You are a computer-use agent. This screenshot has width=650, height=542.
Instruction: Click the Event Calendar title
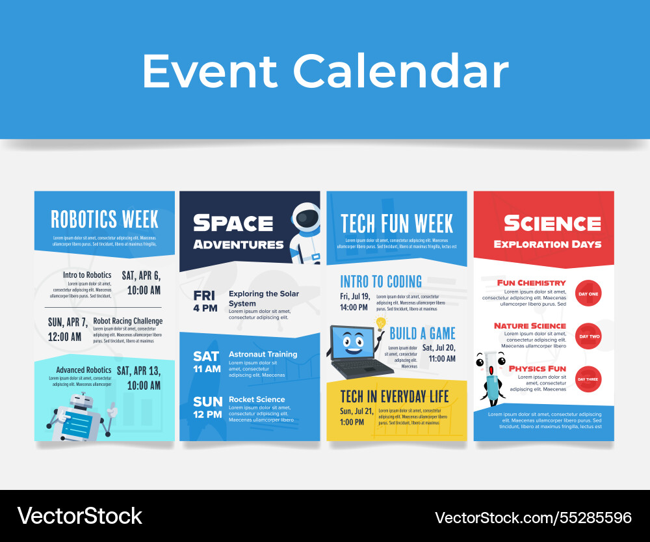click(325, 71)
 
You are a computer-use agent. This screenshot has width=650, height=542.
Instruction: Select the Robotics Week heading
click(105, 220)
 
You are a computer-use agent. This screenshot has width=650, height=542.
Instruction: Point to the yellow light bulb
click(381, 323)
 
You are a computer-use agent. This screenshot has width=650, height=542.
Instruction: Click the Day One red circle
click(589, 293)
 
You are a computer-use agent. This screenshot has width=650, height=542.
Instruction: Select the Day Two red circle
click(589, 336)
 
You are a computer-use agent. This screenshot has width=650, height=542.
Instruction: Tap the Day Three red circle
click(589, 379)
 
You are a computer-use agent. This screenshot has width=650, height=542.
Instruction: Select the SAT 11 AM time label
click(207, 362)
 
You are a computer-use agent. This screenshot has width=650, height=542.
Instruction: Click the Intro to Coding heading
click(381, 282)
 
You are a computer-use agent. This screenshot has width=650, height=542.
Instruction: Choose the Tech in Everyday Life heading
click(395, 396)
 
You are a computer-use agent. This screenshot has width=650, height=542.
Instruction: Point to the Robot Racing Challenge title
click(127, 321)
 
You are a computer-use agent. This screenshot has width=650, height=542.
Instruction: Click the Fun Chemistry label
click(531, 283)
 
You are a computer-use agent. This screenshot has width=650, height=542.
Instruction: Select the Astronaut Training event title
click(263, 355)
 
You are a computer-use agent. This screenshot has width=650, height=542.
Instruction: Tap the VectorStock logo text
click(79, 516)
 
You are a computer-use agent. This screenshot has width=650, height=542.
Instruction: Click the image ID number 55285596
click(533, 518)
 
